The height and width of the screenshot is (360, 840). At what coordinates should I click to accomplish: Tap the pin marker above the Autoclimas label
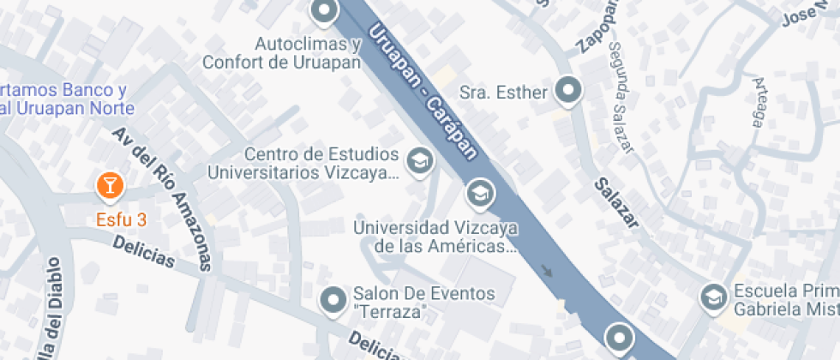pyautogui.click(x=324, y=12)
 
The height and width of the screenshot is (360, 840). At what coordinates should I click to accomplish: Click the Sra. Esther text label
pyautogui.click(x=504, y=92)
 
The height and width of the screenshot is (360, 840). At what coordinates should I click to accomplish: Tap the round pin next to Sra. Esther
pyautogui.click(x=568, y=89)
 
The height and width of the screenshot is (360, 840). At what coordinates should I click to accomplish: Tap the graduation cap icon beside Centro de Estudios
pyautogui.click(x=418, y=160)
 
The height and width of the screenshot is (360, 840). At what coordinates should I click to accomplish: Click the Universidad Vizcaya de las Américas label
pyautogui.click(x=436, y=237)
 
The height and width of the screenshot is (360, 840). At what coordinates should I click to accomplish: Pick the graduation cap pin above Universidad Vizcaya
pyautogui.click(x=480, y=194)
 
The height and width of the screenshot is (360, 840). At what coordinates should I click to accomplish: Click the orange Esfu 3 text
pyautogui.click(x=121, y=219)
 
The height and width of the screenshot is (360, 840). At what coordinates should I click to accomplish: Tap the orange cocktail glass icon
pyautogui.click(x=110, y=183)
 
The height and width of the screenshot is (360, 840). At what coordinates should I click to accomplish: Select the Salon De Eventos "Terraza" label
pyautogui.click(x=423, y=303)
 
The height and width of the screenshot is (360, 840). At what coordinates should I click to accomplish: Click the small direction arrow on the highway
pyautogui.click(x=547, y=273)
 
